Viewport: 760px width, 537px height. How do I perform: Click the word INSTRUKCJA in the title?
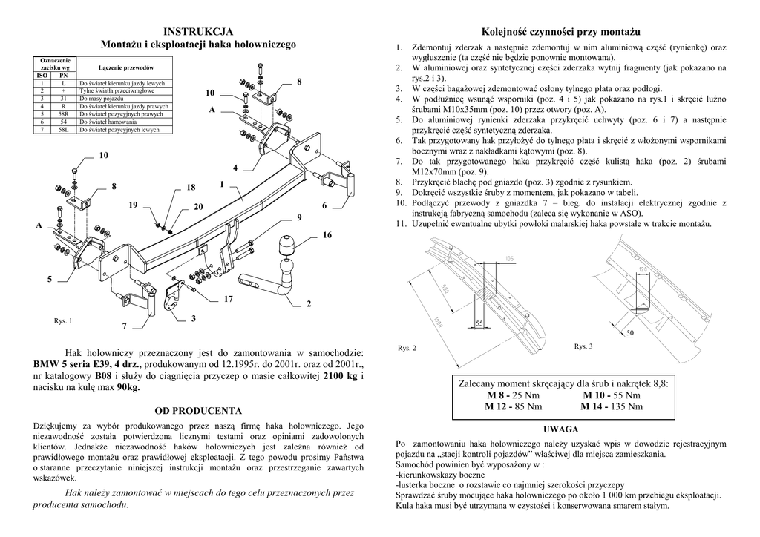pyautogui.click(x=198, y=31)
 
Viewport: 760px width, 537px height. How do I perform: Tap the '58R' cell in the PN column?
pyautogui.click(x=64, y=114)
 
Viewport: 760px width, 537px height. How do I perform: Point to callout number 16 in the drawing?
pyautogui.click(x=327, y=235)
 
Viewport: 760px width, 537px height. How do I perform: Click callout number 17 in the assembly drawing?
pyautogui.click(x=228, y=299)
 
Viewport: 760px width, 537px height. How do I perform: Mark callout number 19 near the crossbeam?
pyautogui.click(x=132, y=204)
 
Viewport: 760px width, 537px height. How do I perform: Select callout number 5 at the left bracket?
pyautogui.click(x=50, y=280)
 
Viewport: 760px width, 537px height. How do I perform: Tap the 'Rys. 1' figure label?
pyautogui.click(x=63, y=321)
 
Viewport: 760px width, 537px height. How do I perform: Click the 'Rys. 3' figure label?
pyautogui.click(x=583, y=346)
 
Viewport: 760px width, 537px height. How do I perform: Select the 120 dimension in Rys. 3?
pyautogui.click(x=643, y=268)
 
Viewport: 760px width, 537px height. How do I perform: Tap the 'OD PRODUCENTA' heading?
pyautogui.click(x=198, y=410)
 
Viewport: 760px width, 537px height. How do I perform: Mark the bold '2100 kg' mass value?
pyautogui.click(x=341, y=377)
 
